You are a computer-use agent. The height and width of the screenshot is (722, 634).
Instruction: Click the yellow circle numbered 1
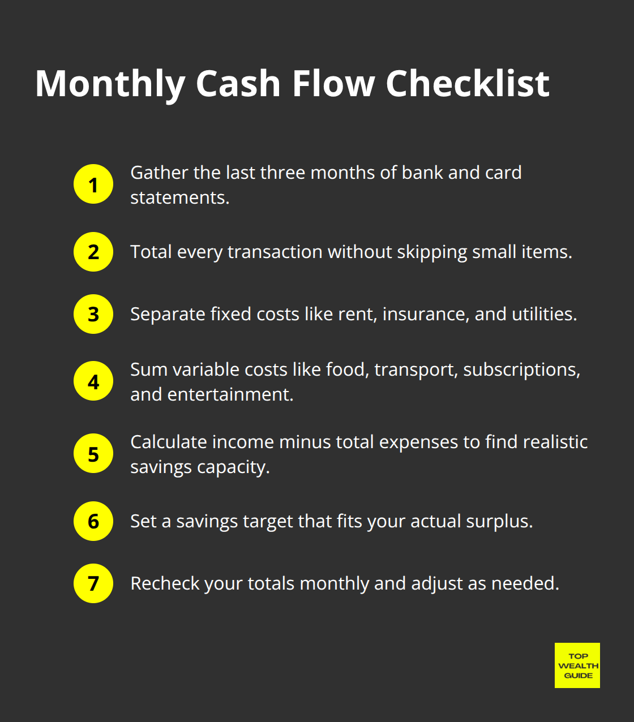pyautogui.click(x=93, y=184)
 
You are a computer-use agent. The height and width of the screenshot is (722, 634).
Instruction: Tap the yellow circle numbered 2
pyautogui.click(x=93, y=252)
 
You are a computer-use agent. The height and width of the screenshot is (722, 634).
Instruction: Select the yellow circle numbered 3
pyautogui.click(x=93, y=314)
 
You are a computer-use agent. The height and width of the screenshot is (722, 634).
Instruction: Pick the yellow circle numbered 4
pyautogui.click(x=93, y=381)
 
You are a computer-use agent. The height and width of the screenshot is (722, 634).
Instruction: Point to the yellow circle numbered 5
pyautogui.click(x=93, y=454)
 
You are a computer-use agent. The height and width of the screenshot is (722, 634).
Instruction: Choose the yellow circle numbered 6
pyautogui.click(x=93, y=521)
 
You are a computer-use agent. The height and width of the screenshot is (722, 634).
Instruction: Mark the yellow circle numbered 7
pyautogui.click(x=93, y=583)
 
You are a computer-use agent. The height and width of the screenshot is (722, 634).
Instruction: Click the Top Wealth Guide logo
pyautogui.click(x=577, y=665)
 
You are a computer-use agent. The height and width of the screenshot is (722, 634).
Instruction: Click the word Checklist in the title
pyautogui.click(x=468, y=84)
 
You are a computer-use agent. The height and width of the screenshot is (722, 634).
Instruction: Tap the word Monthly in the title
pyautogui.click(x=110, y=84)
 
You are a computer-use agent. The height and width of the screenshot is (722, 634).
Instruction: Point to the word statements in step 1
pyautogui.click(x=179, y=197)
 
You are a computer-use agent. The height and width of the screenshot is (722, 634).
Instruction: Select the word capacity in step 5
pyautogui.click(x=233, y=467)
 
